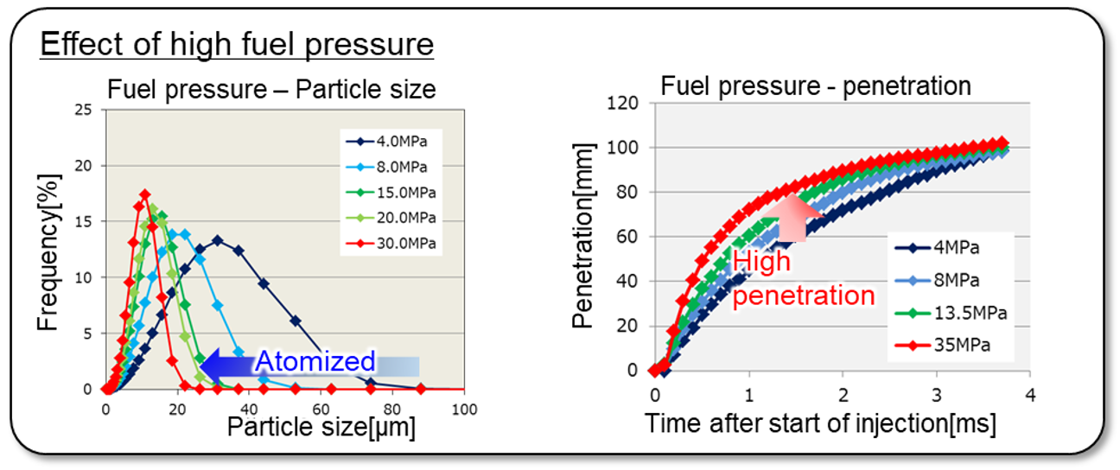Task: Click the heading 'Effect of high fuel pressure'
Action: pos(236,43)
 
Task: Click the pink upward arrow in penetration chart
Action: pos(791,215)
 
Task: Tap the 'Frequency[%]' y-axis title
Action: pos(49,250)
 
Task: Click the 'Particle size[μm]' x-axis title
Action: pos(321,426)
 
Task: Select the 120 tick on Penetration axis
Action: pos(624,104)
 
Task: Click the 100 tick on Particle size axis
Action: pos(465,408)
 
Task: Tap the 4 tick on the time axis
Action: pos(1029,395)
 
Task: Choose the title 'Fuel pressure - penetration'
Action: pos(816,86)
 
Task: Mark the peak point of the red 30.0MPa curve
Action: pos(145,194)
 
